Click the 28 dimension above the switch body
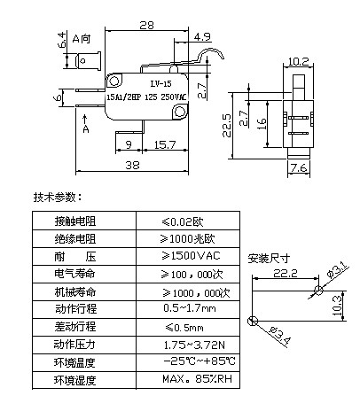146,26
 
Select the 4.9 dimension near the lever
202,37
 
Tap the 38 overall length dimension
132,165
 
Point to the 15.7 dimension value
165,144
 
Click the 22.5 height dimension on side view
227,126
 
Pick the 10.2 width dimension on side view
298,62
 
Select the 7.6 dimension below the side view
299,167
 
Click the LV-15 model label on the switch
160,84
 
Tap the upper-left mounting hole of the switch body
114,81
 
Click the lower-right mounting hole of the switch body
179,112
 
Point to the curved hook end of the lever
212,50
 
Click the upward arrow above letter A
85,120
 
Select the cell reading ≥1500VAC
188,256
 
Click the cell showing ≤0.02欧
188,221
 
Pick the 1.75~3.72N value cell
188,345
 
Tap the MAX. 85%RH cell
188,380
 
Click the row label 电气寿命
75,274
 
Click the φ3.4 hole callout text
279,336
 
